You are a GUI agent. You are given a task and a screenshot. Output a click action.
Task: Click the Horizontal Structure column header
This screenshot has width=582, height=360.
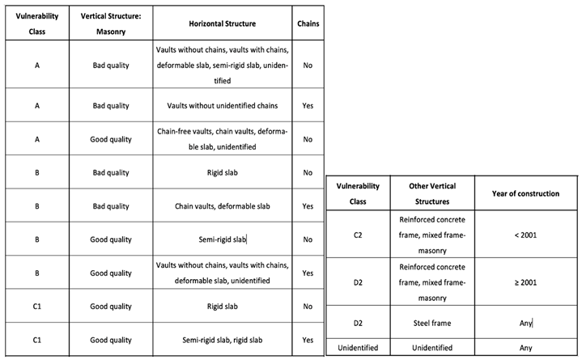pyautogui.click(x=222, y=24)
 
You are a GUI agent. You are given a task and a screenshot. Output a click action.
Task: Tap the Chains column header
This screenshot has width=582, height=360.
pyautogui.click(x=308, y=23)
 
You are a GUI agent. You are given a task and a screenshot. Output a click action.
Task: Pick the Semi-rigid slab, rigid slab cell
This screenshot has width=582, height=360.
pyautogui.click(x=222, y=340)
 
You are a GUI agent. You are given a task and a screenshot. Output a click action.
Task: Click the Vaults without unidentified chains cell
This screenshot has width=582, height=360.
pyautogui.click(x=222, y=105)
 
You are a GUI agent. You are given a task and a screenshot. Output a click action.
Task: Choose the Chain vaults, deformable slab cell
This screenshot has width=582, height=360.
pyautogui.click(x=222, y=206)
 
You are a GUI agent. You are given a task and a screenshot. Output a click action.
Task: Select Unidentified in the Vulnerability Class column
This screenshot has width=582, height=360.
pyautogui.click(x=357, y=348)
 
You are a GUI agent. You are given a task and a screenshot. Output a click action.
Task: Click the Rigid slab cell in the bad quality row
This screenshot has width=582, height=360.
pyautogui.click(x=222, y=172)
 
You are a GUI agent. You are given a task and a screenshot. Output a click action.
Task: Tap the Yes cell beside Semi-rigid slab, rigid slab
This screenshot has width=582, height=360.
pyautogui.click(x=308, y=340)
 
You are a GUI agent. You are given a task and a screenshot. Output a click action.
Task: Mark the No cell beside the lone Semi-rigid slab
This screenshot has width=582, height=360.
pyautogui.click(x=308, y=239)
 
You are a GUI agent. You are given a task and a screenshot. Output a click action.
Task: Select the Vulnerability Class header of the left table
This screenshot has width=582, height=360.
pyautogui.click(x=34, y=23)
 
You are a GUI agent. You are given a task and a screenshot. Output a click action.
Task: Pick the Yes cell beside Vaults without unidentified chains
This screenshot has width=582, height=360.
pyautogui.click(x=308, y=105)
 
